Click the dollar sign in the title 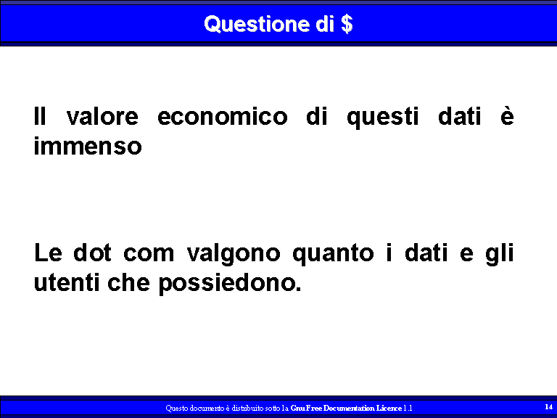click(347, 24)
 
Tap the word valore click(102, 116)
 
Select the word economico click(223, 116)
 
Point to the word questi click(383, 118)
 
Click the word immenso click(88, 146)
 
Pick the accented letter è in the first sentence click(507, 116)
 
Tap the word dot click(92, 253)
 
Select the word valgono click(234, 254)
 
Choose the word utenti click(67, 282)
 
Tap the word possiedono click(229, 284)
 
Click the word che click(128, 282)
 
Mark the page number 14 click(548, 406)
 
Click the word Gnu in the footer click(297, 408)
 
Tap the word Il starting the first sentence click(40, 115)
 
